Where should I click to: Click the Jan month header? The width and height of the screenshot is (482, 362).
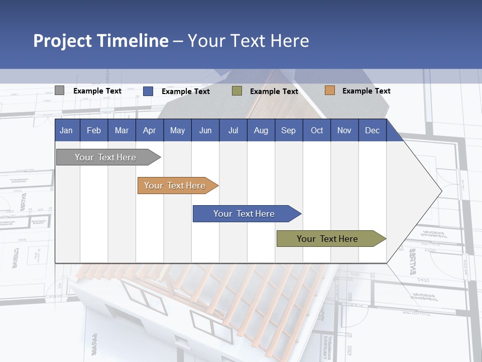click(x=66, y=130)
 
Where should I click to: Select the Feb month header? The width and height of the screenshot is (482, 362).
click(x=94, y=130)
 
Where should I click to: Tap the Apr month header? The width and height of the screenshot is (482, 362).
click(x=149, y=130)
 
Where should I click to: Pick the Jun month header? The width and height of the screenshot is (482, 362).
click(x=205, y=130)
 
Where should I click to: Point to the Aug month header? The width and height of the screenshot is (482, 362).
click(x=261, y=130)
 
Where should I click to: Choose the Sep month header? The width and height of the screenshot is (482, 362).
click(x=288, y=130)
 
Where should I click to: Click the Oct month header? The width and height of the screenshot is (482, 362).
click(x=317, y=130)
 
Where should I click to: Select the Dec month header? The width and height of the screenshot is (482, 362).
click(x=372, y=130)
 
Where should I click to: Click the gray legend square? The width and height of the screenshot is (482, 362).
click(x=59, y=90)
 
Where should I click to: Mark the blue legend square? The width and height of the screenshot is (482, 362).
click(x=148, y=91)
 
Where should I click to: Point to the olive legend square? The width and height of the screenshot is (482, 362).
click(x=237, y=91)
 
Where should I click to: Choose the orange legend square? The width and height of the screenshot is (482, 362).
click(x=329, y=90)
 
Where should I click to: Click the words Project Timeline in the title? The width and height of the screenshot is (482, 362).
click(x=100, y=41)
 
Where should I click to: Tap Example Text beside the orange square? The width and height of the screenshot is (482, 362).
click(x=366, y=91)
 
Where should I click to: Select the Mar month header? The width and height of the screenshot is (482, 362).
click(x=122, y=130)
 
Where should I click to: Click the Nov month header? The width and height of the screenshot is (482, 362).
click(x=344, y=130)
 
